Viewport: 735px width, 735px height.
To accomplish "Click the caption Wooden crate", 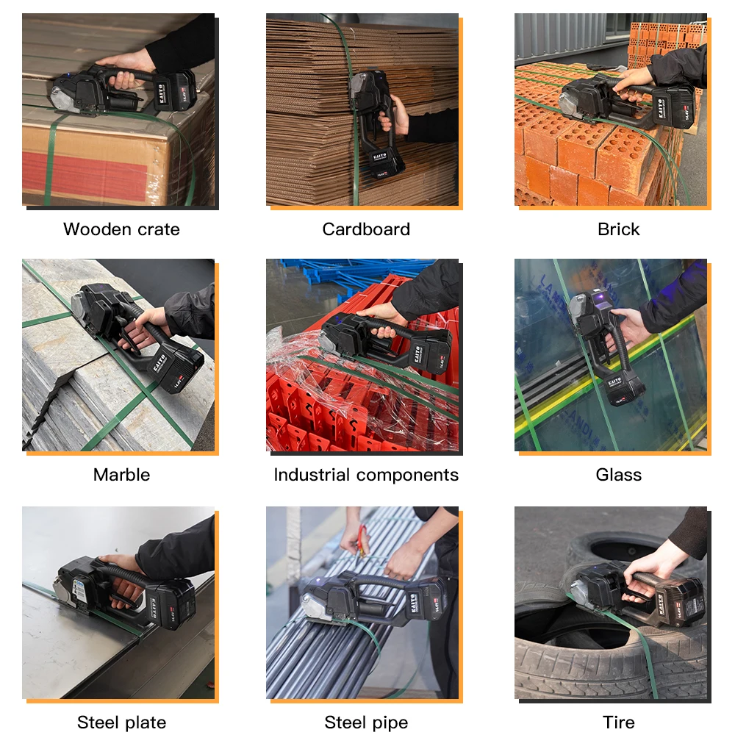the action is click(x=121, y=229).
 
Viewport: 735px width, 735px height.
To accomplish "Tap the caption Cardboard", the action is click(x=366, y=229).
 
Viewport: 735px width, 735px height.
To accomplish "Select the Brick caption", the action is click(x=618, y=229).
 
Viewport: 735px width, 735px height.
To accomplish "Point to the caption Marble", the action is click(x=121, y=475).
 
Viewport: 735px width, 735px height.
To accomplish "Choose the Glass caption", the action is click(x=618, y=475).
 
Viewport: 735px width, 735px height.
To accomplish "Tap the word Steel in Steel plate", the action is click(x=96, y=723).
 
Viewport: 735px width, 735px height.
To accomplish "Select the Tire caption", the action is click(x=618, y=723).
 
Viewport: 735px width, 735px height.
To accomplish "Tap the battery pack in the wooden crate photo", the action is click(x=175, y=91).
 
